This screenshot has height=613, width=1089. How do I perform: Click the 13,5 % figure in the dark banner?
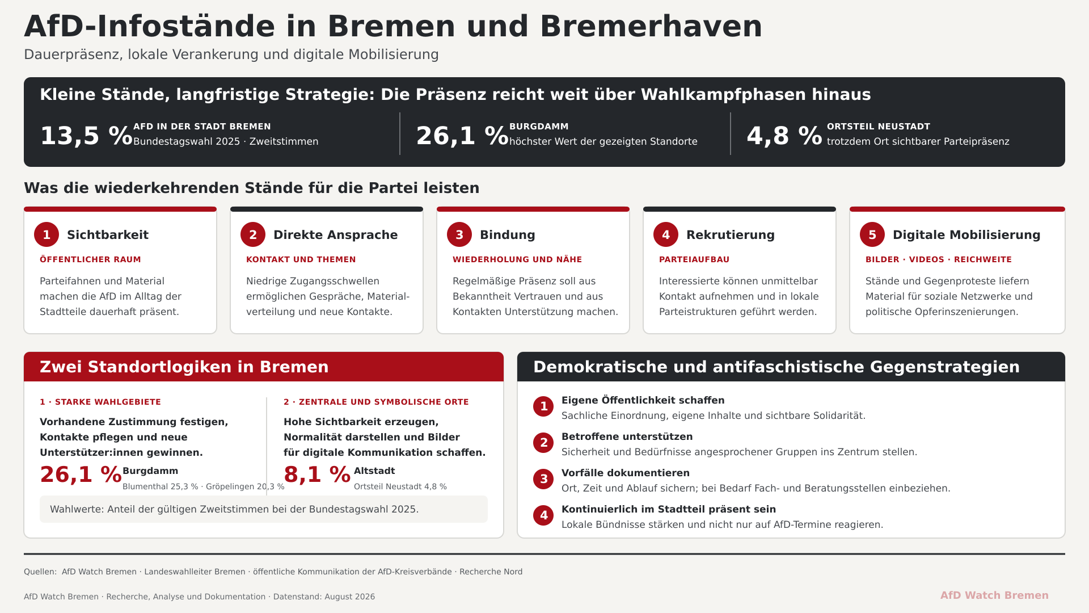click(x=86, y=136)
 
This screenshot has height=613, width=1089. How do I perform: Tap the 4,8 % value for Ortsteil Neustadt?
click(x=784, y=136)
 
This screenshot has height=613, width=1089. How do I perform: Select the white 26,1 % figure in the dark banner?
click(x=462, y=136)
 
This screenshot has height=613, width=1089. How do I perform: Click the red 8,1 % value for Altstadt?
click(x=317, y=475)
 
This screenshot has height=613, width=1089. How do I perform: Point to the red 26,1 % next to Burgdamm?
click(x=81, y=475)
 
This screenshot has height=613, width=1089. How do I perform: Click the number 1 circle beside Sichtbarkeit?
click(x=47, y=234)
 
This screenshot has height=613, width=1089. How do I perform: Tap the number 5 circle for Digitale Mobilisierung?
click(x=872, y=234)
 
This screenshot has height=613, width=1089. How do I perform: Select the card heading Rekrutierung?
click(x=731, y=235)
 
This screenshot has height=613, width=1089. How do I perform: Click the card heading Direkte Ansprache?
click(x=336, y=235)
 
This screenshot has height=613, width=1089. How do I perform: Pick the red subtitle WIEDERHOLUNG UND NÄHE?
click(x=517, y=259)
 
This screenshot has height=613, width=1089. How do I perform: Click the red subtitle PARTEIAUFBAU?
click(x=694, y=259)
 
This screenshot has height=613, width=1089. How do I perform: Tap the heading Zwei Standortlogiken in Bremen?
click(x=184, y=367)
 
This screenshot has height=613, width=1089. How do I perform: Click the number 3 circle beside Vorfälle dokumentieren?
click(x=543, y=479)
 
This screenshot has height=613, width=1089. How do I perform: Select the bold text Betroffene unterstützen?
click(x=627, y=436)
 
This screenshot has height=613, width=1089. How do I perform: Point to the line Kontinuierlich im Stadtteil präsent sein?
click(x=669, y=509)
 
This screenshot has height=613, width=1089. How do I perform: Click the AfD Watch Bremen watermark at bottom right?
click(x=994, y=595)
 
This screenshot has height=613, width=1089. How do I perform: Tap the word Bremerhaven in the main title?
click(x=651, y=26)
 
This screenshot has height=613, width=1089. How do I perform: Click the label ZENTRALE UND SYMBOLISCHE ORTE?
click(x=384, y=402)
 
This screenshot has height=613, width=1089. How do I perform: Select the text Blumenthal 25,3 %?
click(x=161, y=486)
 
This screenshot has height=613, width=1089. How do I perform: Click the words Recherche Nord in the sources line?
click(x=491, y=572)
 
